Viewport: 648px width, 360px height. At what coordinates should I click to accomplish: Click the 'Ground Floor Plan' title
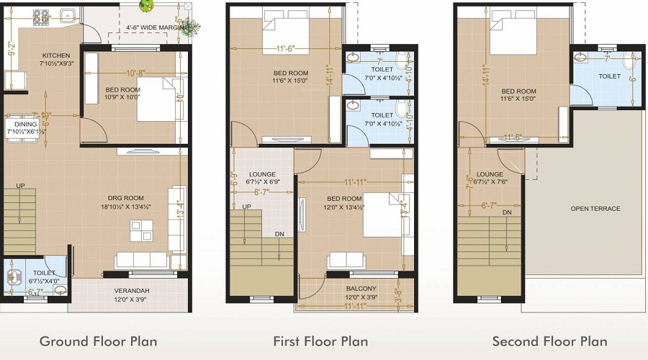pos(98,341)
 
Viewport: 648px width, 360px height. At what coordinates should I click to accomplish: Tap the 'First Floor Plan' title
pos(320,341)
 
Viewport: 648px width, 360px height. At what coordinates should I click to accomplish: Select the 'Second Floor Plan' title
pos(549,341)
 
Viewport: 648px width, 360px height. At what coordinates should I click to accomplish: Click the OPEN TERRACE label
pos(595,209)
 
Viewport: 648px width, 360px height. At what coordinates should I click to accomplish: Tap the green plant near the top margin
pos(146,6)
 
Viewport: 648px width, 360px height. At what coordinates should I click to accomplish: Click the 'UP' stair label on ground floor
pos(21,186)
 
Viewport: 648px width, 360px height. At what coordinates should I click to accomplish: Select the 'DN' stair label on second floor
pos(507,212)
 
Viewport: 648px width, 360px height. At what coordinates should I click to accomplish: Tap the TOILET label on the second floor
pos(609,76)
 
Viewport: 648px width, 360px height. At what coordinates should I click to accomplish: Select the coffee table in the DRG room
pos(141,230)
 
